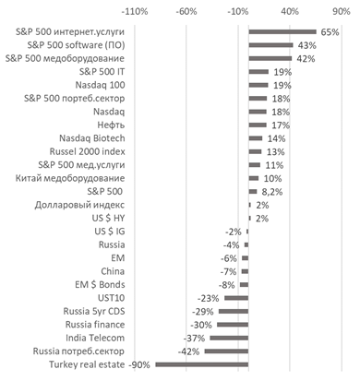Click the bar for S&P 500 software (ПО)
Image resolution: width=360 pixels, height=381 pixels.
(x=270, y=44)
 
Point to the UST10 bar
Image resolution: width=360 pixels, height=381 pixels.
(x=236, y=298)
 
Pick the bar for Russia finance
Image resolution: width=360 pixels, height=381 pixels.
(x=233, y=325)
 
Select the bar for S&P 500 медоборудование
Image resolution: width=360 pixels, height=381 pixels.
(x=270, y=58)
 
